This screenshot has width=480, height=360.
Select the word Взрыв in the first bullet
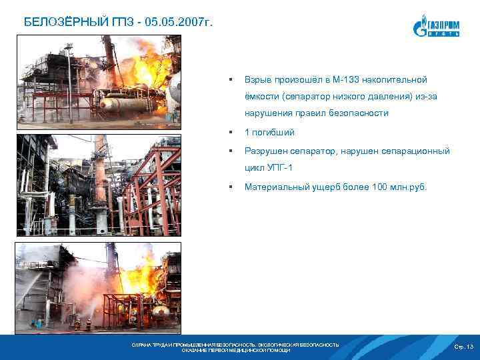[260, 79]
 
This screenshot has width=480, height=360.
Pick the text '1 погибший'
[269, 133]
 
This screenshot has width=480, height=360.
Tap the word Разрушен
[269, 151]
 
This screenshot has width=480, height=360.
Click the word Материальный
[279, 187]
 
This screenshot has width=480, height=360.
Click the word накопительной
[404, 79]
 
